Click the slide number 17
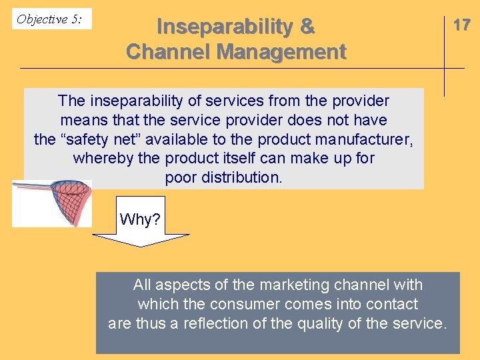(x=461, y=25)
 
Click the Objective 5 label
(x=49, y=19)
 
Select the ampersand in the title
(x=307, y=27)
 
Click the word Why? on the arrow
(x=140, y=219)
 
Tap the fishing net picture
(x=52, y=203)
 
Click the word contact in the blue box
(x=393, y=305)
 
